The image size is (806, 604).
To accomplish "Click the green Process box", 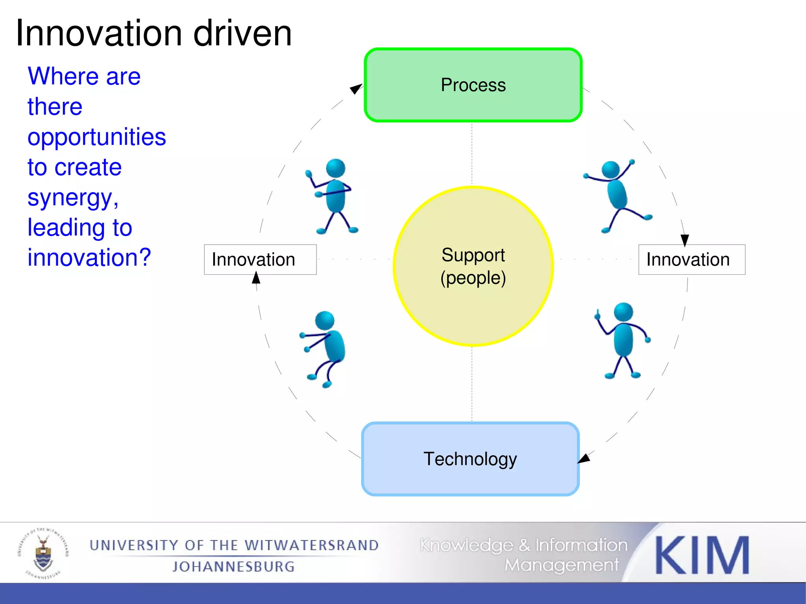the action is coord(473,85).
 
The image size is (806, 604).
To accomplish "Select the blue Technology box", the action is coord(470,459).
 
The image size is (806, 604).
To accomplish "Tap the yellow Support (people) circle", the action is coord(473,266).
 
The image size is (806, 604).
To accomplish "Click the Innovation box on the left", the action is coord(260,260).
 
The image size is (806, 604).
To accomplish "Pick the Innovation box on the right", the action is coord(691,260).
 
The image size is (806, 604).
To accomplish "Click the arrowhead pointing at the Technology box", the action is coord(584,458).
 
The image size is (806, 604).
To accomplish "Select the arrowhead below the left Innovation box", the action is coord(256,278).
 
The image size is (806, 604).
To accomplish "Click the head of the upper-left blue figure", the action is coord(336,168).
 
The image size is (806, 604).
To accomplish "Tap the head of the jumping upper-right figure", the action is coord(610,170).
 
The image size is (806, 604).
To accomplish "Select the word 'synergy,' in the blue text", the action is coord(73,198).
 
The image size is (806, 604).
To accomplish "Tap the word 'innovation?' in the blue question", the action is coord(89,258).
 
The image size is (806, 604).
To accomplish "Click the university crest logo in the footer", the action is coord(43,553).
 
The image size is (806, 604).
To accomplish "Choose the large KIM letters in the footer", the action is coord(702,556).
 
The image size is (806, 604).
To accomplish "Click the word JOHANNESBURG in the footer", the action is coord(234,567).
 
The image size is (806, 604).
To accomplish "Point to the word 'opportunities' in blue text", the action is coord(97,137).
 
